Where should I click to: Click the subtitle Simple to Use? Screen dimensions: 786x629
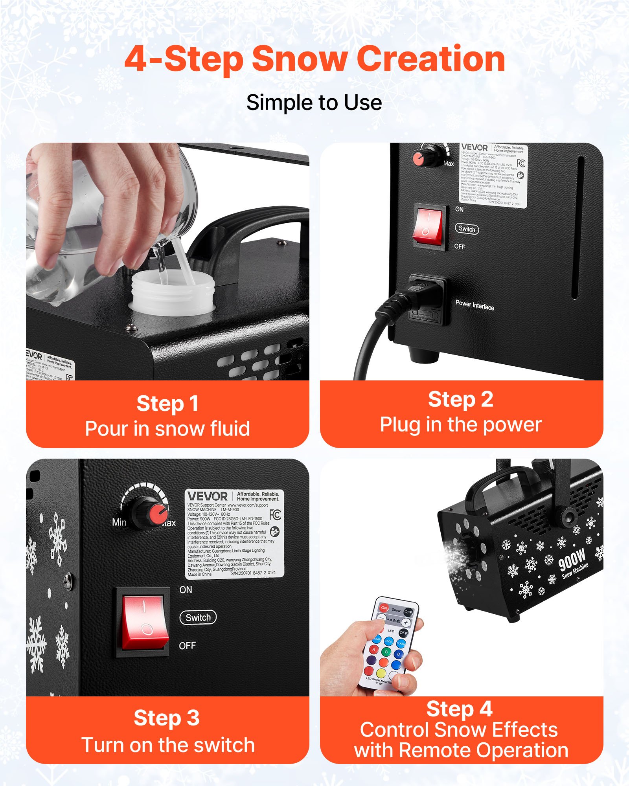pyautogui.click(x=314, y=103)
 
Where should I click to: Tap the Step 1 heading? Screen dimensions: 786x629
pyautogui.click(x=167, y=404)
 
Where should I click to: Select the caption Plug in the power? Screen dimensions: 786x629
pyautogui.click(x=461, y=425)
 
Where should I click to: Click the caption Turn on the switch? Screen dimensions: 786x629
pyautogui.click(x=168, y=745)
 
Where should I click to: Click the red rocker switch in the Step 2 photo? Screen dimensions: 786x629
pyautogui.click(x=429, y=228)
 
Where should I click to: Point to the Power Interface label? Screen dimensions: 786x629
pyautogui.click(x=475, y=305)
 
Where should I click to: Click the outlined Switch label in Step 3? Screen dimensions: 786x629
pyautogui.click(x=198, y=617)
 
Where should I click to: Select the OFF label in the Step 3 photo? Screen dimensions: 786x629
pyautogui.click(x=187, y=646)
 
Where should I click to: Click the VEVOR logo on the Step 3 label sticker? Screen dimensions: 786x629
pyautogui.click(x=207, y=496)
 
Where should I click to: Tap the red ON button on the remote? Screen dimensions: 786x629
pyautogui.click(x=384, y=608)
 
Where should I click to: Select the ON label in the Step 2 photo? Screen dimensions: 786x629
pyautogui.click(x=459, y=209)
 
